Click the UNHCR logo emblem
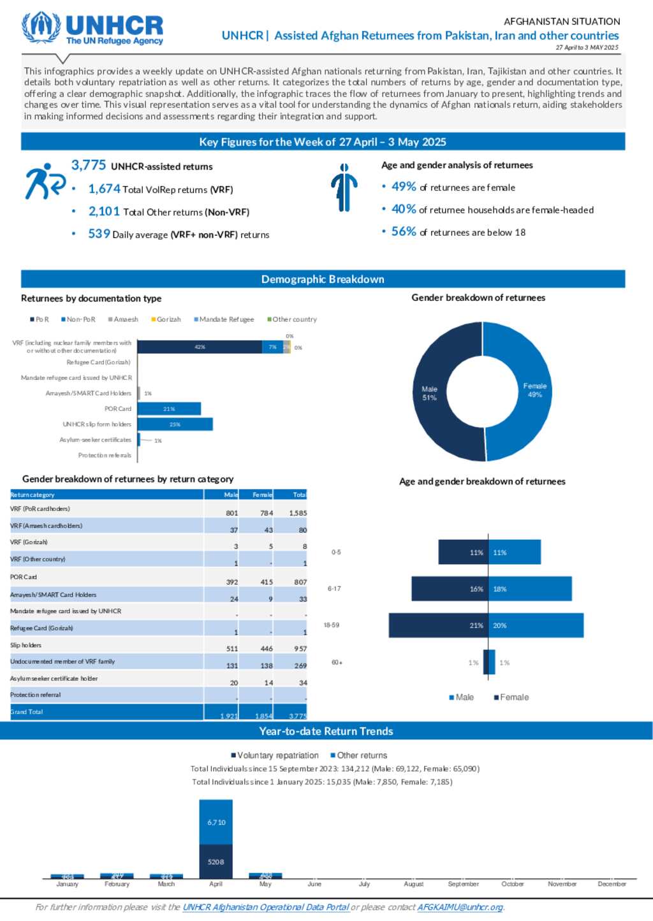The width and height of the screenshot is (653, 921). [x=41, y=27]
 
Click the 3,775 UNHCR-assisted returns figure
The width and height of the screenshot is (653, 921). [x=89, y=165]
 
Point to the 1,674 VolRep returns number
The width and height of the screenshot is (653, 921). [x=104, y=189]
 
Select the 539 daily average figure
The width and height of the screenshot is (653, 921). [x=99, y=234]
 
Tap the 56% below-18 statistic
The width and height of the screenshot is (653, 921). [x=404, y=231]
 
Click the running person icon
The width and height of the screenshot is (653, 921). [x=45, y=181]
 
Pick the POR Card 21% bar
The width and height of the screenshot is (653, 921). [x=169, y=409]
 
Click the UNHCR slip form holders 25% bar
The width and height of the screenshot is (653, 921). [x=175, y=424]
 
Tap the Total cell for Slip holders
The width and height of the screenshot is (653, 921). [x=300, y=649]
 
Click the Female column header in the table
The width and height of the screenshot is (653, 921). [x=262, y=495]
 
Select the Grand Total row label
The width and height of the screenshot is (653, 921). [x=27, y=712]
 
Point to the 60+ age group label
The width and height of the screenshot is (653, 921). [x=337, y=663]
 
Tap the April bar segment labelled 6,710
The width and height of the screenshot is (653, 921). [x=216, y=822]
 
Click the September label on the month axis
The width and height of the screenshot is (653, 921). [x=463, y=884]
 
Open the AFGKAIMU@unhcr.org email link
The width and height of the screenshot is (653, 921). [x=460, y=907]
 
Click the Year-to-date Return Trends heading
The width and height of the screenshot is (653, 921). [x=326, y=731]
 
